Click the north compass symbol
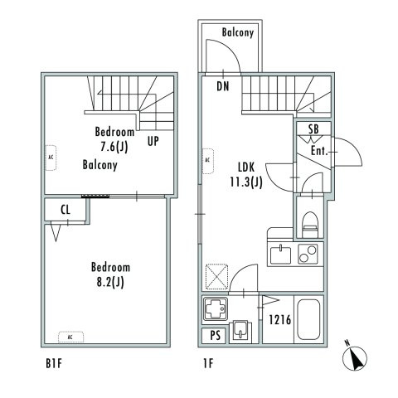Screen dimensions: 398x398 355,358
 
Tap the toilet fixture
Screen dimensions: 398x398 310,225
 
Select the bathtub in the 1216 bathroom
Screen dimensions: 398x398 308,319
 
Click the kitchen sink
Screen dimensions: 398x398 280,255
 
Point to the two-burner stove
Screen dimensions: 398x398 308,254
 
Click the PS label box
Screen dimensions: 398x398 215,336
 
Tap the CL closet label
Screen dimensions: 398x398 66,210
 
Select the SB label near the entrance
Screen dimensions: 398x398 313,129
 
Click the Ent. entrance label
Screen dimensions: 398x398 319,151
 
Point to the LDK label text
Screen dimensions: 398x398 246,167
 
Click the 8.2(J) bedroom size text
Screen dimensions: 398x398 110,283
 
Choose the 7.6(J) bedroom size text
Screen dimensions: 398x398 114,147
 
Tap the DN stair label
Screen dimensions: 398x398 223,86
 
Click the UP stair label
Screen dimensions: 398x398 153,141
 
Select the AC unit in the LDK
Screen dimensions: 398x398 208,161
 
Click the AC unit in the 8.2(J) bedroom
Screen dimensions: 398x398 70,337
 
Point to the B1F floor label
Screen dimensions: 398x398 54,364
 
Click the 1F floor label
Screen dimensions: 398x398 208,363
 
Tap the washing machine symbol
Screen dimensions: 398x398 216,308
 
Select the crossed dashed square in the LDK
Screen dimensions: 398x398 217,276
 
